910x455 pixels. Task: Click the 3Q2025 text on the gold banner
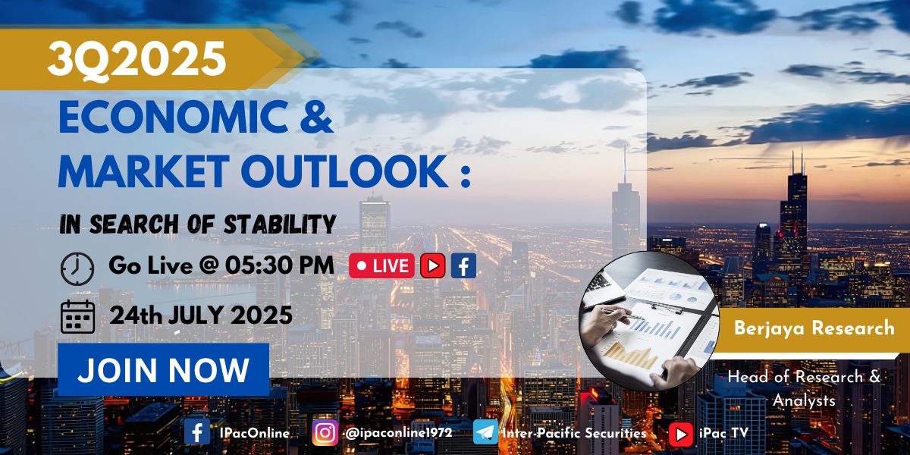[137, 59]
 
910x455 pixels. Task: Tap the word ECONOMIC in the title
[174, 117]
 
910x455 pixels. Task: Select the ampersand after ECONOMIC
[317, 117]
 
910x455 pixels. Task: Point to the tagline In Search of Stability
[198, 224]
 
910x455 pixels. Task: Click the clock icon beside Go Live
[77, 268]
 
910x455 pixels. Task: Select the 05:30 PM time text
[280, 265]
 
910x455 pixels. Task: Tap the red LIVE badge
[381, 265]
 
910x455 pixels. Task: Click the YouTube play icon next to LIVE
[433, 265]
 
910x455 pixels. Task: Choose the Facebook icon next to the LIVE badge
[463, 265]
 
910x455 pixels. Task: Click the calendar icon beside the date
[77, 317]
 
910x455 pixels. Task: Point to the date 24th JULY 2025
[201, 315]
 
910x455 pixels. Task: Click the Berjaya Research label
[814, 328]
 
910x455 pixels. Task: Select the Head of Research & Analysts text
[804, 388]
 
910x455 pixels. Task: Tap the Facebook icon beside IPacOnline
[197, 431]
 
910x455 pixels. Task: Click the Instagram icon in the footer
[325, 433]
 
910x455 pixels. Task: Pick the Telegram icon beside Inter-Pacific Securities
[485, 432]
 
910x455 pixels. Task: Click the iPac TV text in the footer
[723, 433]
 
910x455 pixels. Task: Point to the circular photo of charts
[649, 321]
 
